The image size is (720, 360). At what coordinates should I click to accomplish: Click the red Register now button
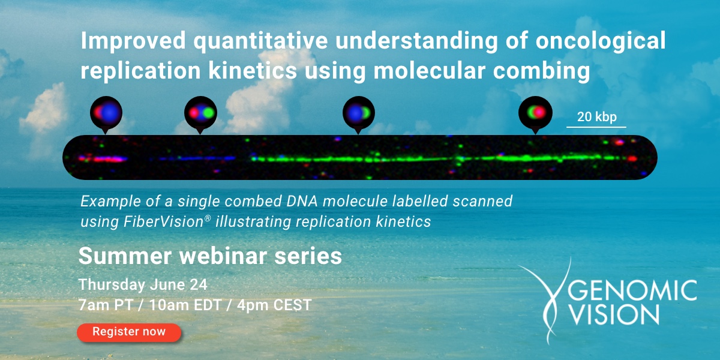[x=129, y=332]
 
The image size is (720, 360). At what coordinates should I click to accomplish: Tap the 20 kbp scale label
[x=596, y=117]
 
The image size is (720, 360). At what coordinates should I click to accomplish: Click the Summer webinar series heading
[x=210, y=257]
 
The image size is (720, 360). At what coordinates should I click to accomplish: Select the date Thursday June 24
[x=143, y=284]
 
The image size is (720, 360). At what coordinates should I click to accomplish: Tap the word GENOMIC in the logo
[x=636, y=292]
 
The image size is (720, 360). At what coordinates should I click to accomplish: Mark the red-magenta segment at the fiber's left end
[x=108, y=159]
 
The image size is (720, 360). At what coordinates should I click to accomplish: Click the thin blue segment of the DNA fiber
[x=198, y=159]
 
